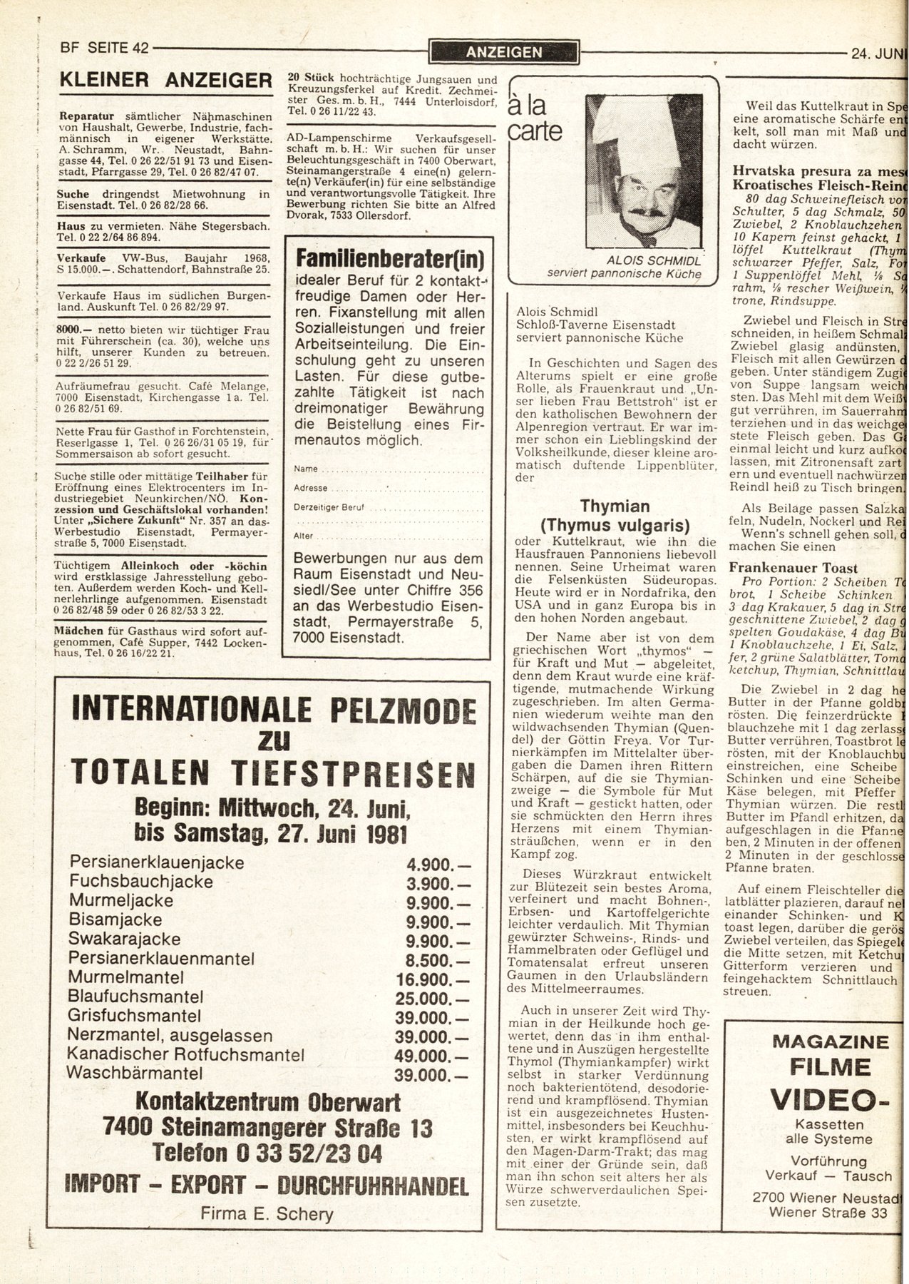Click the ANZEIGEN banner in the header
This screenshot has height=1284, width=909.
[x=503, y=52]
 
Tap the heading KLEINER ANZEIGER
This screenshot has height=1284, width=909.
[x=165, y=81]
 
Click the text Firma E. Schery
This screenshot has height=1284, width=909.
[x=267, y=1213]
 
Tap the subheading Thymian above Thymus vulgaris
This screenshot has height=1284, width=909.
[x=614, y=506]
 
